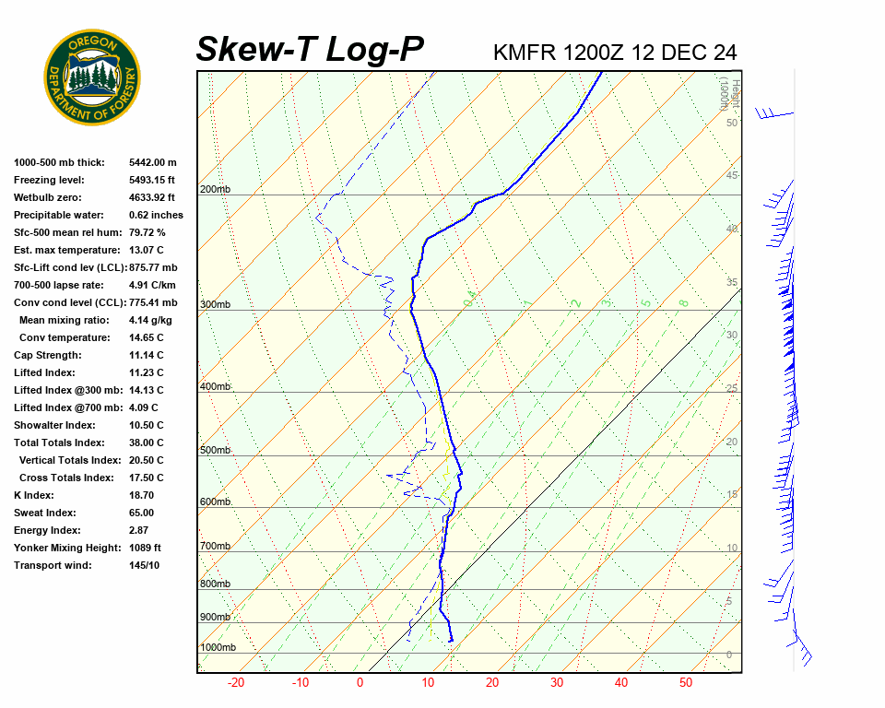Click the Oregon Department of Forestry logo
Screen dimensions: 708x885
[x=92, y=77]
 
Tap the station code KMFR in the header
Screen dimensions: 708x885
[x=525, y=52]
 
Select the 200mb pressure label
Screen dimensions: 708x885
[x=215, y=190]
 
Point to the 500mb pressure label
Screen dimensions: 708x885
[x=215, y=450]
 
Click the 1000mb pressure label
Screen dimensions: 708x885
[x=218, y=648]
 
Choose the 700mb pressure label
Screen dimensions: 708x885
[x=215, y=547]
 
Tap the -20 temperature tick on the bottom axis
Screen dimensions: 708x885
[x=236, y=683]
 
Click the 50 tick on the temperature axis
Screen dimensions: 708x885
[x=686, y=683]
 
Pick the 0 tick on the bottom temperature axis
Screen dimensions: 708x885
[x=360, y=683]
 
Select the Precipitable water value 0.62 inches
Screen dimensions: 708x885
[x=156, y=215]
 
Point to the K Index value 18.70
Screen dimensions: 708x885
[x=141, y=495]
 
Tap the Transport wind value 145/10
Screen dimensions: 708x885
[x=144, y=565]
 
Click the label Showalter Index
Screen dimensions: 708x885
[x=54, y=425]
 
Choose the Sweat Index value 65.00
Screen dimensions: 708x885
[x=141, y=513]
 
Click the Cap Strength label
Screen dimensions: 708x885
[x=48, y=355]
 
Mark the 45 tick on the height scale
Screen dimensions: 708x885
[x=732, y=176]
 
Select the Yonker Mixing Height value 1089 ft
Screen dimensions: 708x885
[x=145, y=548]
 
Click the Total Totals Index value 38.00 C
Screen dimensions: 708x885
[x=146, y=442]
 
